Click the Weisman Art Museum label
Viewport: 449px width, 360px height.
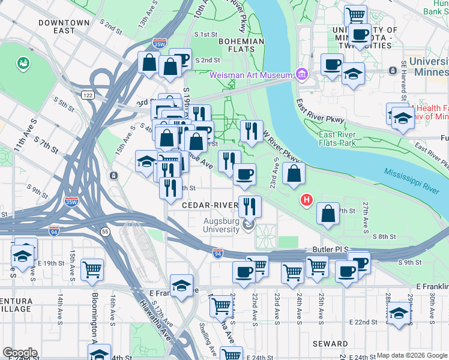click(250, 75)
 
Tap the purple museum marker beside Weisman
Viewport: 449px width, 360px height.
click(301, 75)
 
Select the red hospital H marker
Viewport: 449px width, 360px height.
click(307, 199)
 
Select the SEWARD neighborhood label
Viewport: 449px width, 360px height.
click(330, 344)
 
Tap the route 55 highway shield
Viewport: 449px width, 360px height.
click(105, 231)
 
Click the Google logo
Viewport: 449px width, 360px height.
click(20, 353)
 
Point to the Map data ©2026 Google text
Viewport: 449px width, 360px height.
click(412, 355)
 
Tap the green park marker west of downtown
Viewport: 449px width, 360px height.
click(23, 62)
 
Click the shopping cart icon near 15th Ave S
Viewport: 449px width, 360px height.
click(92, 270)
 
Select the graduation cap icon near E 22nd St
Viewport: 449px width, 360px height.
click(399, 313)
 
